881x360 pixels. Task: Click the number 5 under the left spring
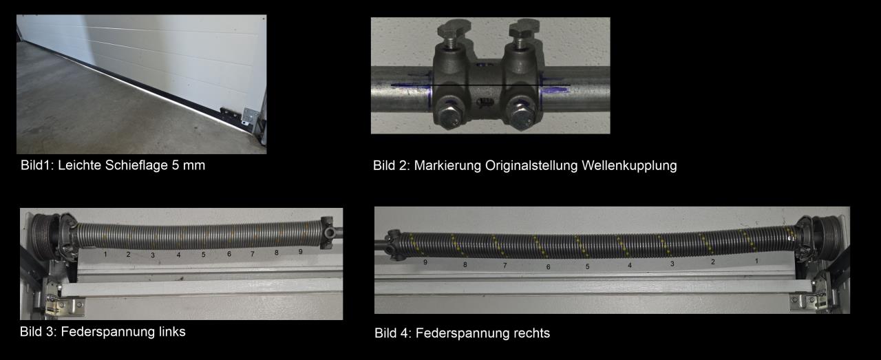[203, 255]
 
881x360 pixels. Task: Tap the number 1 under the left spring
[105, 254]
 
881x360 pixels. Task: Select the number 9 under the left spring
[301, 252]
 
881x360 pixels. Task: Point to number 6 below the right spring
[549, 267]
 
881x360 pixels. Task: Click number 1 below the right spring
[756, 261]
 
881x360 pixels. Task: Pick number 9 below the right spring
[425, 262]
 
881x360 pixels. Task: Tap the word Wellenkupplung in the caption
[629, 166]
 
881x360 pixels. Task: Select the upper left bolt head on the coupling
[454, 28]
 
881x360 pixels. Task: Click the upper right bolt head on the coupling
[524, 28]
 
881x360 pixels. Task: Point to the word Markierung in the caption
[447, 166]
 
